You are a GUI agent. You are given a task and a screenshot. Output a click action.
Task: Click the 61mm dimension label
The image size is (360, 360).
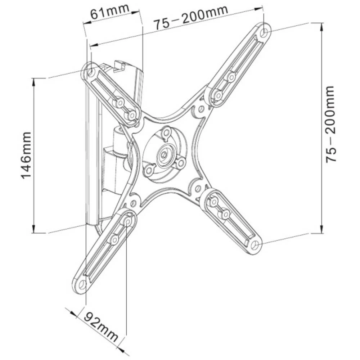coord(110,13)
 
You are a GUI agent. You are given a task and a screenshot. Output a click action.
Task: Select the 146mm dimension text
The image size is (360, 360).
coord(26,155)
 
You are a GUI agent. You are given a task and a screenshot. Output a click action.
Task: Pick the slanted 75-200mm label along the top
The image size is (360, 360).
coord(191,18)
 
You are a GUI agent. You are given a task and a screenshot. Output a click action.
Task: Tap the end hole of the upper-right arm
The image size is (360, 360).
coord(265,32)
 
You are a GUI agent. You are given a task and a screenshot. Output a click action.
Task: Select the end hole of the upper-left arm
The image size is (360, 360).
coord(91,72)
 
